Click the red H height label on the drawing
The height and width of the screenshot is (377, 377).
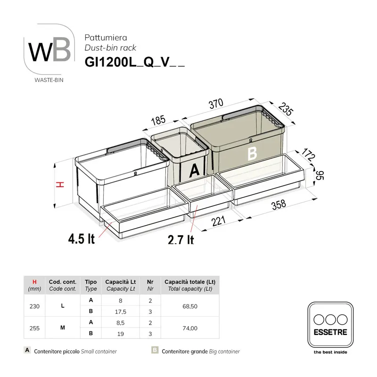pyautogui.click(x=60, y=185)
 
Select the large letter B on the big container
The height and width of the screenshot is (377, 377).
pyautogui.click(x=252, y=154)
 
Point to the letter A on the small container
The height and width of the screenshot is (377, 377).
pyautogui.click(x=194, y=171)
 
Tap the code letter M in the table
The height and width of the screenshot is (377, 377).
pyautogui.click(x=63, y=328)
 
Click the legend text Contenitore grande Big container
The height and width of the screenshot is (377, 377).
pyautogui.click(x=200, y=352)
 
